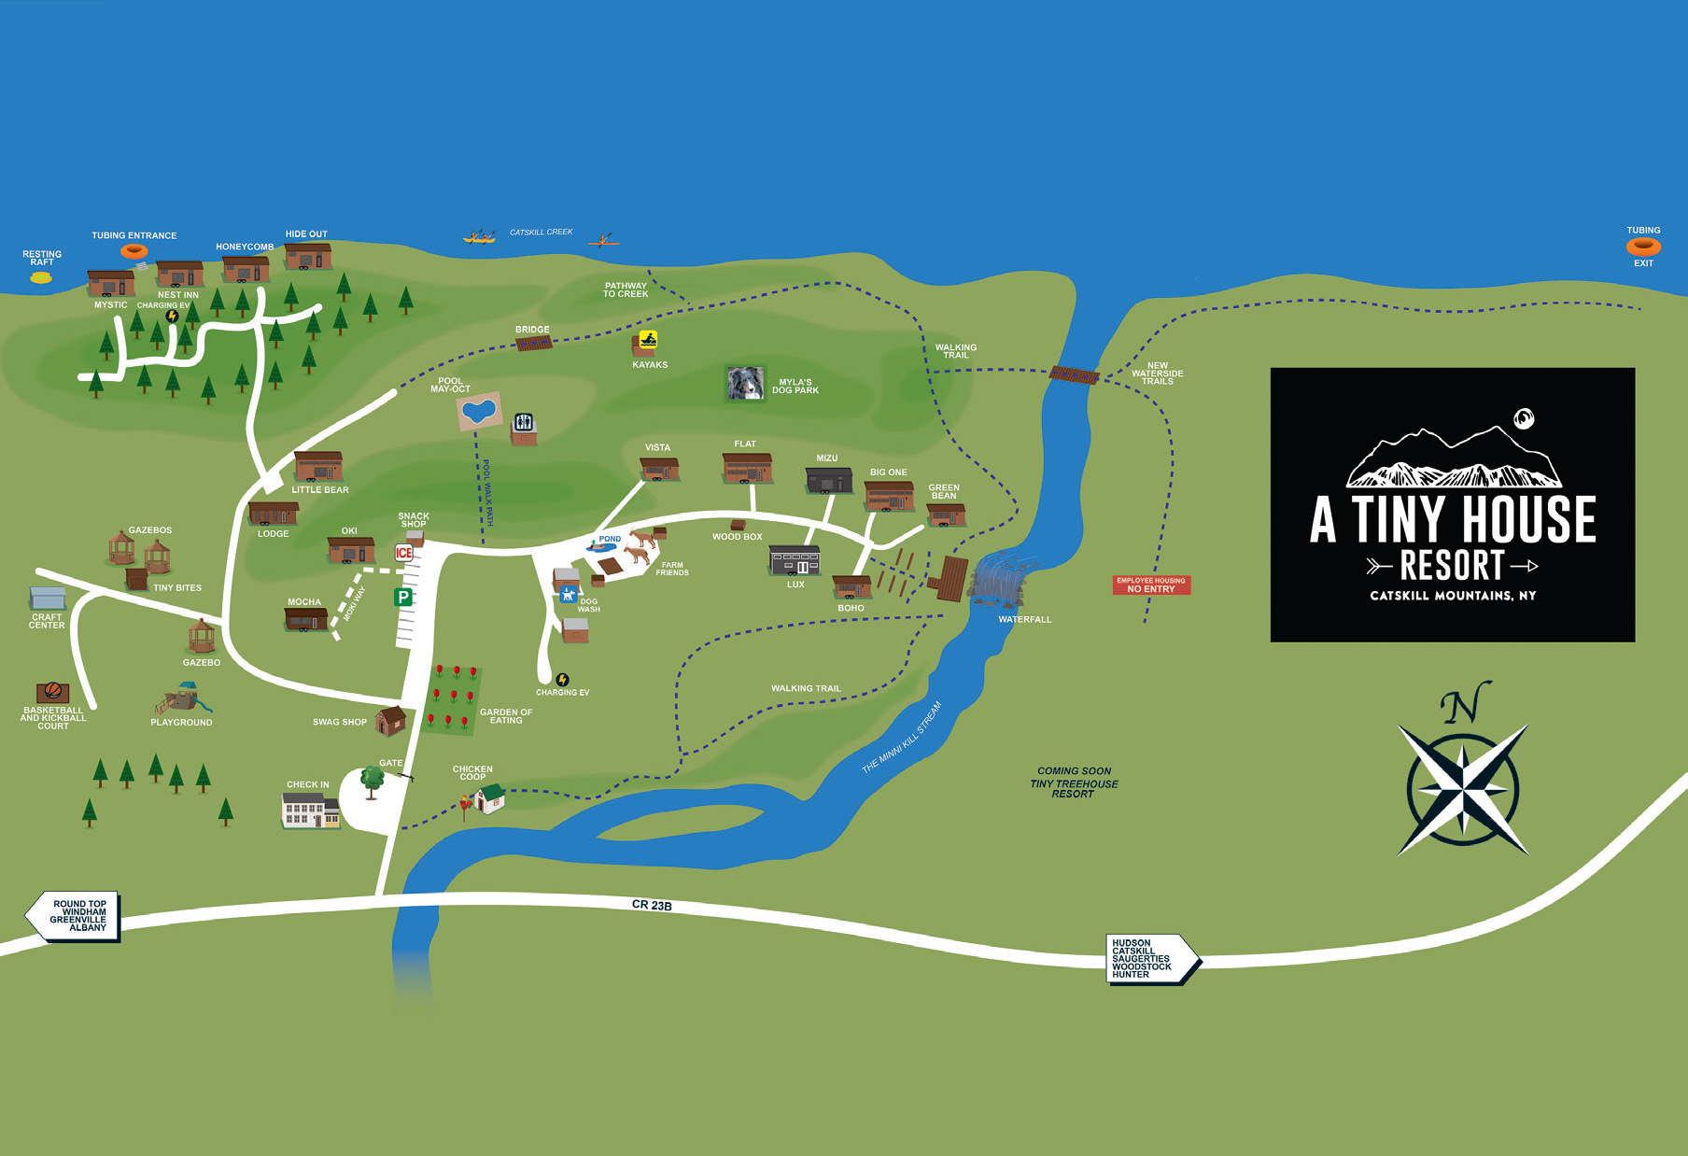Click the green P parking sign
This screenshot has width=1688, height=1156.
(x=403, y=597)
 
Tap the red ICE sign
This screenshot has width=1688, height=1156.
(x=403, y=553)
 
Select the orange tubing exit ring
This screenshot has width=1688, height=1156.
(x=1643, y=247)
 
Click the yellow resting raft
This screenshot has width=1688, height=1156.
(x=41, y=277)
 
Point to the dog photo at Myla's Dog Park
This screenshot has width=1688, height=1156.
(x=745, y=383)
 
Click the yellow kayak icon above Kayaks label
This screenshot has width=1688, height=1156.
(x=648, y=340)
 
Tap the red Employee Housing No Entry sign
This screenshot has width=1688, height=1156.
(x=1151, y=585)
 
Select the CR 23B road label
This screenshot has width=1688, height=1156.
(x=652, y=905)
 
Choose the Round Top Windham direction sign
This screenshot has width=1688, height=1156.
(x=75, y=916)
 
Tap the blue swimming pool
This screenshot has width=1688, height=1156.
(x=479, y=410)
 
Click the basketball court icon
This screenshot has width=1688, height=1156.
(x=52, y=692)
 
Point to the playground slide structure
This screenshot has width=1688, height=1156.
(x=182, y=698)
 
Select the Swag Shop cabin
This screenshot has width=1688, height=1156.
(x=390, y=720)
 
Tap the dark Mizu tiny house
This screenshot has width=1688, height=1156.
(x=828, y=479)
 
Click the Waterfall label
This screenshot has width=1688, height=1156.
(x=1024, y=619)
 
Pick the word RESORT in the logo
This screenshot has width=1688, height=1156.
(x=1452, y=565)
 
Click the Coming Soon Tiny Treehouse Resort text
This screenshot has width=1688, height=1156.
(x=1074, y=782)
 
